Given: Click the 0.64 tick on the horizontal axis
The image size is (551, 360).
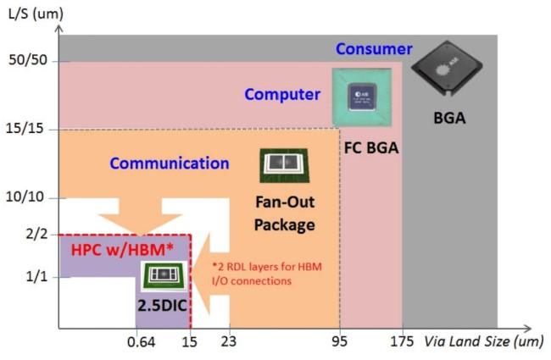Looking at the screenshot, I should coord(138,343).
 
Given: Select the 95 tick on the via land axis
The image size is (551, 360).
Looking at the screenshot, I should coord(340,343).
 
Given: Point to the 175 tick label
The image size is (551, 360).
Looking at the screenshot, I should coord(404,343).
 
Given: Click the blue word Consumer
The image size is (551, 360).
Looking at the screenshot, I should coord(374,49).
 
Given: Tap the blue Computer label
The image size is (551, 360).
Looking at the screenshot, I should coord(283,94).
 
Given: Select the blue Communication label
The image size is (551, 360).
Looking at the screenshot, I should coord(170,163).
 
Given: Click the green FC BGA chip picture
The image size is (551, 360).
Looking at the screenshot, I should coord(363,96).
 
